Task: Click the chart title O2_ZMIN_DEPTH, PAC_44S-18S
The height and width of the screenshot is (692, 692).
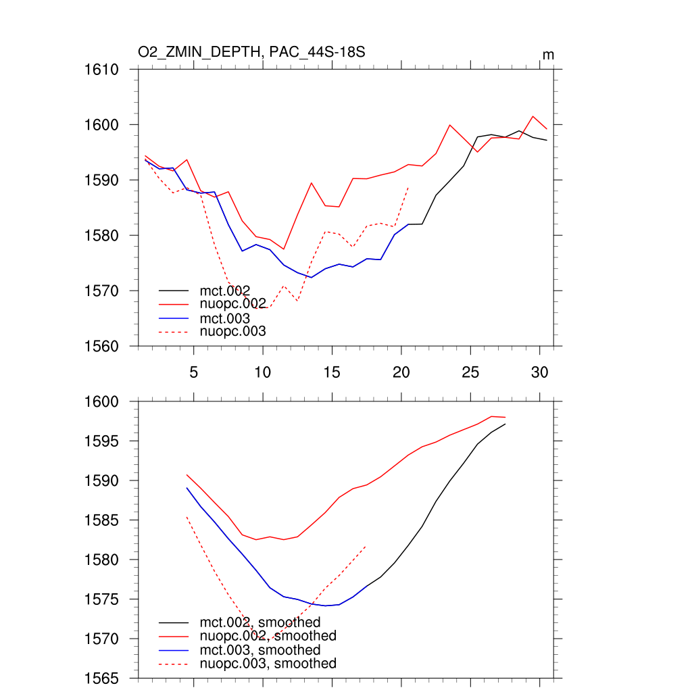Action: click(251, 52)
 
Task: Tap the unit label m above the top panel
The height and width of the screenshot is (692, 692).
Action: click(548, 55)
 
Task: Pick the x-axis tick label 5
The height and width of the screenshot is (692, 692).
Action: click(194, 372)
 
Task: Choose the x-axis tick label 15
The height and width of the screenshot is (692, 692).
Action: click(332, 372)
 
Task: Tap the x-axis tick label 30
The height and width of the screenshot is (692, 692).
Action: click(539, 372)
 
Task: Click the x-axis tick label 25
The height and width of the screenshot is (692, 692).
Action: click(470, 372)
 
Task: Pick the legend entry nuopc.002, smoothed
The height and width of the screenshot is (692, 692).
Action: click(268, 636)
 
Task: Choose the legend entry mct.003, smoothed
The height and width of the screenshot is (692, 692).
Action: click(260, 650)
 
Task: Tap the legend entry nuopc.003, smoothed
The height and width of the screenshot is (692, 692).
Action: click(268, 664)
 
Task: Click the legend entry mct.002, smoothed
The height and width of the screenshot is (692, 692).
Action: click(260, 622)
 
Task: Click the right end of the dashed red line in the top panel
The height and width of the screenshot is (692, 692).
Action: click(409, 187)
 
